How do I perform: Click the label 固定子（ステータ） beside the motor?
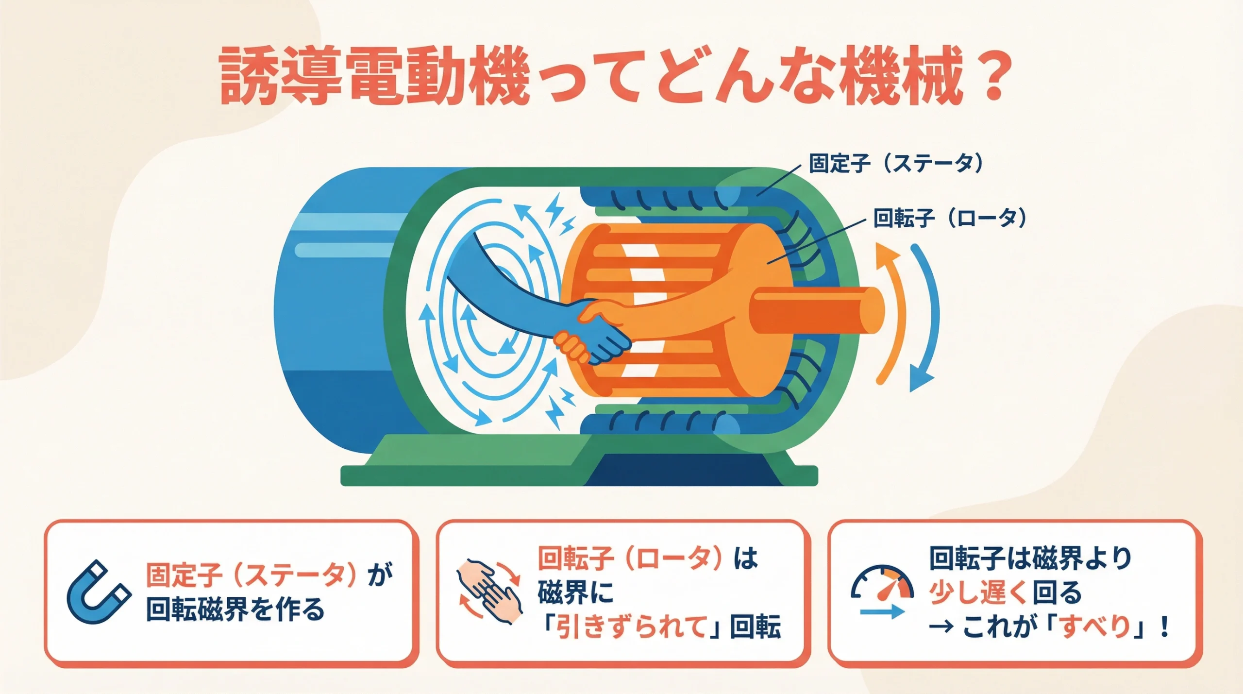click(x=896, y=163)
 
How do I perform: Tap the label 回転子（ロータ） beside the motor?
click(x=950, y=218)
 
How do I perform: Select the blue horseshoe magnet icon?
click(x=98, y=592)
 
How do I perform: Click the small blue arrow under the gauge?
click(x=882, y=612)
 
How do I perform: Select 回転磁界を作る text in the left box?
click(x=235, y=609)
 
